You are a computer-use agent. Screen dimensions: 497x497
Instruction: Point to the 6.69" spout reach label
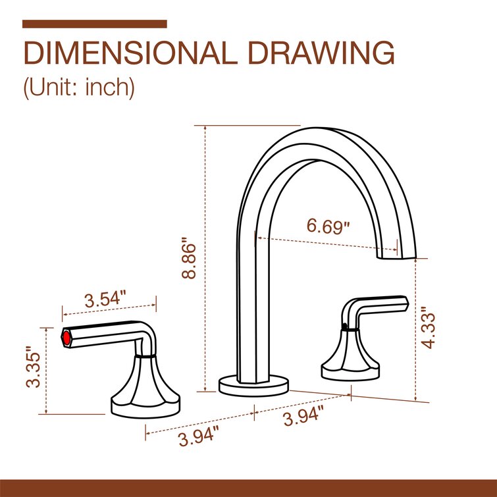click(x=328, y=226)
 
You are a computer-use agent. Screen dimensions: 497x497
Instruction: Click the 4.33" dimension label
click(x=429, y=325)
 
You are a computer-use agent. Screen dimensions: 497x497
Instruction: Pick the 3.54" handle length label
click(x=105, y=298)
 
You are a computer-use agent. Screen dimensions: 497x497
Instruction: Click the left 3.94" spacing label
click(x=198, y=436)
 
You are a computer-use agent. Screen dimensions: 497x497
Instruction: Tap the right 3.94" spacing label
click(x=303, y=417)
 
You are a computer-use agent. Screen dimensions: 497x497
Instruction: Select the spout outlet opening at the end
click(x=396, y=253)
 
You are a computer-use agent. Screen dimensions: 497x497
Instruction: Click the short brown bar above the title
click(x=94, y=24)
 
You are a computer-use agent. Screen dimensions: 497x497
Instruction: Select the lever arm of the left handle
click(x=105, y=332)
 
